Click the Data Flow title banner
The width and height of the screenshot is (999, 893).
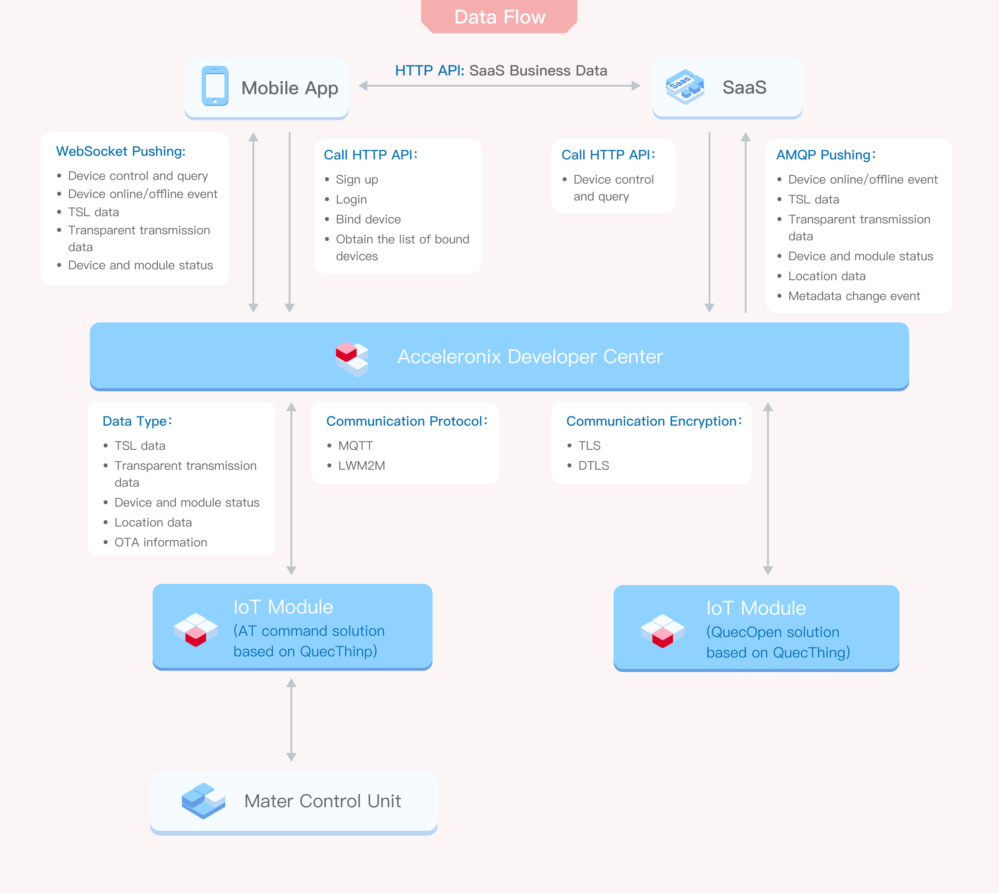click(x=499, y=17)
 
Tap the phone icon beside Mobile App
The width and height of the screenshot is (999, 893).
click(x=215, y=86)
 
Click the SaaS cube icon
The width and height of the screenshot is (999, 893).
click(x=685, y=87)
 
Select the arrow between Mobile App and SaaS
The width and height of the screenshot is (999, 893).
click(x=499, y=86)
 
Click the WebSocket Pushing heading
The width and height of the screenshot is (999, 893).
click(x=121, y=151)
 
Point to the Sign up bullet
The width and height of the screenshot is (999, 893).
click(x=357, y=180)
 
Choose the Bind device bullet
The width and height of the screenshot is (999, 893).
click(x=368, y=219)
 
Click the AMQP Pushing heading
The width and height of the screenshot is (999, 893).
click(x=826, y=155)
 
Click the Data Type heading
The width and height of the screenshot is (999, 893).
click(x=137, y=421)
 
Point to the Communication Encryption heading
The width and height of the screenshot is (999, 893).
click(x=654, y=421)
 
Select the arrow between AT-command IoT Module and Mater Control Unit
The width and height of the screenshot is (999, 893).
click(x=291, y=720)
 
